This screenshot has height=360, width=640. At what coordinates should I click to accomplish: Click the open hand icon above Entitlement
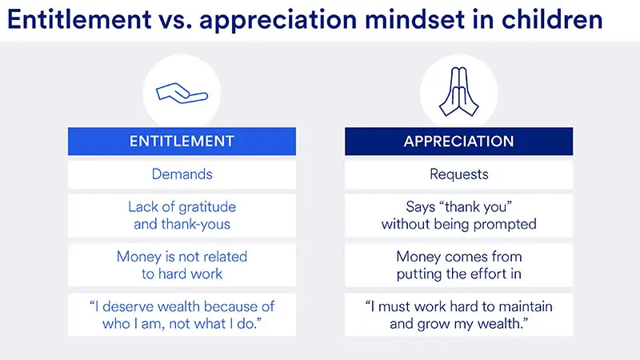(x=182, y=94)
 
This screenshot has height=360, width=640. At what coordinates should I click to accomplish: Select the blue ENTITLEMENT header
(x=182, y=142)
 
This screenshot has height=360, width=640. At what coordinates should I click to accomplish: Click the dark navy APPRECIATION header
(x=458, y=142)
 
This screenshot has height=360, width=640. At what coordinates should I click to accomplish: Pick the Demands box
(x=182, y=174)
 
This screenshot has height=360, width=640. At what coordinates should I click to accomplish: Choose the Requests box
(x=458, y=174)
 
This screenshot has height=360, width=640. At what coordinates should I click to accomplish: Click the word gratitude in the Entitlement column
(x=201, y=207)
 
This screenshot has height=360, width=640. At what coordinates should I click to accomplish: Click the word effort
(x=490, y=274)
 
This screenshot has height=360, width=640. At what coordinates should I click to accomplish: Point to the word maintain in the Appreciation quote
(x=525, y=306)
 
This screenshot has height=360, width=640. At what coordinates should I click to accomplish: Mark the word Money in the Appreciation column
(x=420, y=257)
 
